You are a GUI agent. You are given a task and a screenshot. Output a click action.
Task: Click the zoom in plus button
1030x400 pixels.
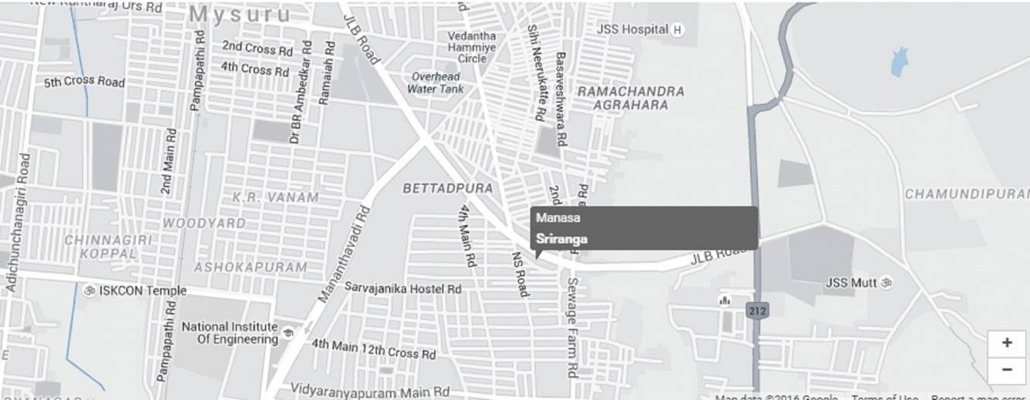(x=1006, y=343)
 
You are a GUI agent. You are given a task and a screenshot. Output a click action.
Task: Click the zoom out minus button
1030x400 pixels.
(x=1006, y=369)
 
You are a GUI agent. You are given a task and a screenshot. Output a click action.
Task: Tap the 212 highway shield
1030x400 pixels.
(x=756, y=310)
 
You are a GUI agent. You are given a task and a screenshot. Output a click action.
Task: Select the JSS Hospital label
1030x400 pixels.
(x=632, y=29)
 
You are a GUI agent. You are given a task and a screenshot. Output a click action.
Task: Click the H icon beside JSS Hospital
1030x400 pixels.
(x=677, y=30)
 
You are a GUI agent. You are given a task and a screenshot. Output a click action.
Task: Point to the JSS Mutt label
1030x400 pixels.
(x=851, y=283)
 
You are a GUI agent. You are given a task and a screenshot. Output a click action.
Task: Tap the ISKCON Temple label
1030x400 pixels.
(x=142, y=291)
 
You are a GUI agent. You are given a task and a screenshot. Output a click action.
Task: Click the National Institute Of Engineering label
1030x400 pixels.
(x=230, y=333)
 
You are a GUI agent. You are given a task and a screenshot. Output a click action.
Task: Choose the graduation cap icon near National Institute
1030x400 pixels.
(x=288, y=333)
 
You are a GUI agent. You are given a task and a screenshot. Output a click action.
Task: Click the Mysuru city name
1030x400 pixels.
(x=241, y=15)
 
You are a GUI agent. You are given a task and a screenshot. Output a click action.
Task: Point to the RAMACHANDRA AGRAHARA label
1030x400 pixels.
(x=631, y=98)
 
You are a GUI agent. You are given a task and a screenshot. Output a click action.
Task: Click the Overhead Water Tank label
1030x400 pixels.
(x=436, y=82)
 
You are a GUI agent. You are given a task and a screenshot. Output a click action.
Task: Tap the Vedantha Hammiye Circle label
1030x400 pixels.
(x=473, y=47)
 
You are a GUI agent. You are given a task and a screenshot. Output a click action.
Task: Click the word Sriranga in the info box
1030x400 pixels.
(x=561, y=239)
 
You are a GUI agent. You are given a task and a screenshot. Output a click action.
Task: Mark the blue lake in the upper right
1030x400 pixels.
(x=899, y=62)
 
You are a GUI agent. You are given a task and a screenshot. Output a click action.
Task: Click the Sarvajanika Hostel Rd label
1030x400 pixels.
(x=402, y=288)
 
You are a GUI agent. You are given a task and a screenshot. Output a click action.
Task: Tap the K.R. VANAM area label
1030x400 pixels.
(x=275, y=197)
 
